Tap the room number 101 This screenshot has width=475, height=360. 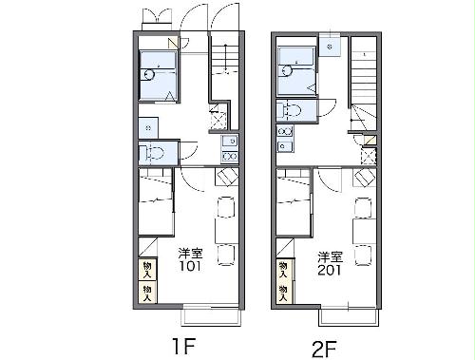[x=190, y=266]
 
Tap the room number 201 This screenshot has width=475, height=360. [x=330, y=270]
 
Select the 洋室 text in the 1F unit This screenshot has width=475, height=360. [x=190, y=253]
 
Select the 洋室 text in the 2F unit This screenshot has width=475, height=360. [x=331, y=257]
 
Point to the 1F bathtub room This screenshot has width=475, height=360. [x=159, y=75]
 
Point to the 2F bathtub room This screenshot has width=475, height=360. [x=296, y=70]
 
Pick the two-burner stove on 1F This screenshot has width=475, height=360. [x=230, y=156]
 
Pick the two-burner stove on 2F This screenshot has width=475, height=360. [x=285, y=131]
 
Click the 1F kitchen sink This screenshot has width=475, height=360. [x=230, y=141]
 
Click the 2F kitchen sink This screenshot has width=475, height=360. [x=285, y=146]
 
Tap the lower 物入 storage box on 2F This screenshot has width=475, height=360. [x=284, y=294]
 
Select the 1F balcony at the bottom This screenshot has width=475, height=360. [x=211, y=316]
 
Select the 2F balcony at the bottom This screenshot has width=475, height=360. [x=349, y=317]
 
